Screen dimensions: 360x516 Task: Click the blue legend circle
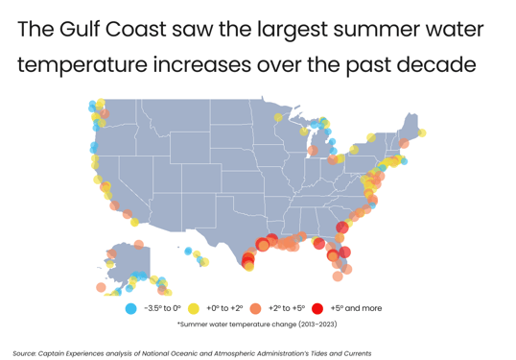click(130, 309)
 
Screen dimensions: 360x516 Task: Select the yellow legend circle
click(193, 309)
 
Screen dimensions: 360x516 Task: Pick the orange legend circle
click(255, 309)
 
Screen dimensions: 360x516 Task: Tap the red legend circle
click(317, 309)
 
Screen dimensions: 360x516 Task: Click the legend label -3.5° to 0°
click(162, 309)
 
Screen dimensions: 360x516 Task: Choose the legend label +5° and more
click(356, 309)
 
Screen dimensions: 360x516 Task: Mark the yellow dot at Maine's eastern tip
click(422, 133)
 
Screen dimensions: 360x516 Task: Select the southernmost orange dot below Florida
click(338, 276)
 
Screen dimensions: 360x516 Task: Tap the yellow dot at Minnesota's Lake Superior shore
click(278, 118)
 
